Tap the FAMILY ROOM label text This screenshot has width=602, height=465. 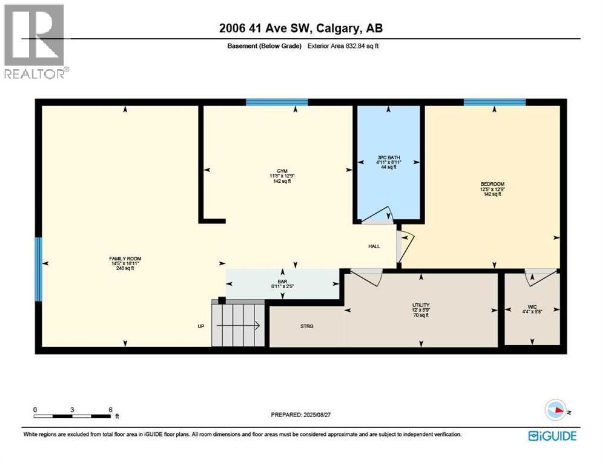tap(125, 259)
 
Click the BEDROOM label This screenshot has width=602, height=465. tap(492, 184)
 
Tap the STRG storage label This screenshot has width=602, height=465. tap(306, 326)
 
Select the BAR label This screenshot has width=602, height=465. tap(282, 281)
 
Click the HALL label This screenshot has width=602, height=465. tap(374, 246)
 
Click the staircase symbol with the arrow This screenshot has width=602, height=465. tap(238, 325)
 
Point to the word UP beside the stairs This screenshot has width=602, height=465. tap(201, 326)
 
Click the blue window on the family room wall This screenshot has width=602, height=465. tap(39, 269)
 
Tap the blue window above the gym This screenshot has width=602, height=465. tap(277, 102)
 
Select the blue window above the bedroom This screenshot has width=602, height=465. tap(494, 102)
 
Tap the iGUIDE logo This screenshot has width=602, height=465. tap(552, 436)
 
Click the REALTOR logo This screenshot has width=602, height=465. tap(34, 41)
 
